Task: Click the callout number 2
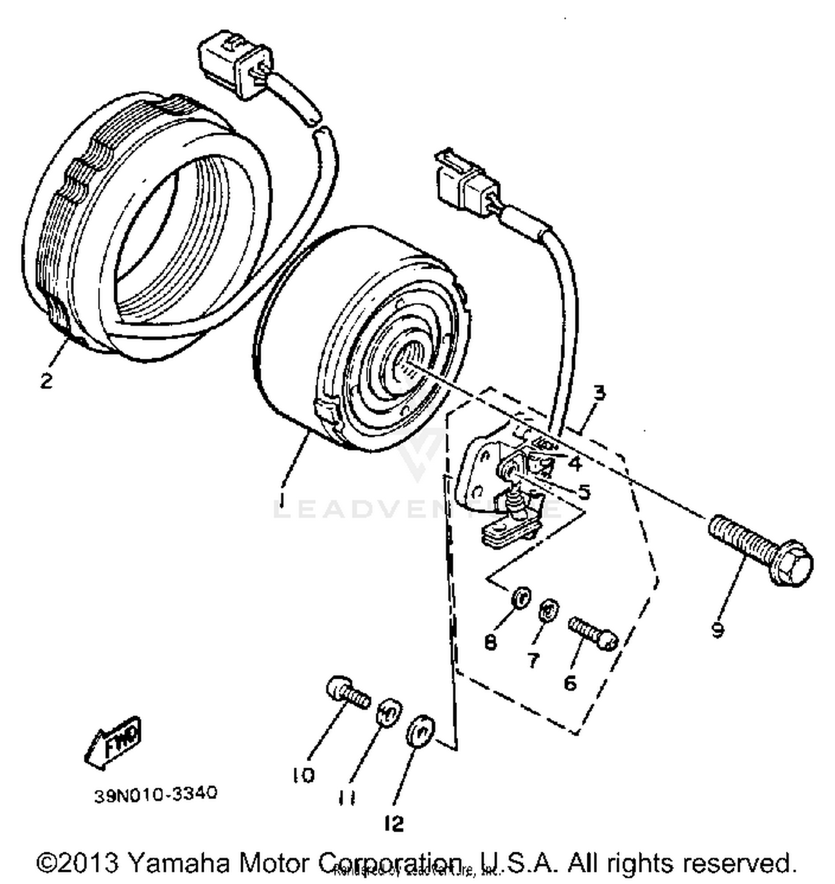pos(46,380)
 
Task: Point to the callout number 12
pos(394,823)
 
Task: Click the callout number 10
pos(304,775)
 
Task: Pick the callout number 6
pos(570,683)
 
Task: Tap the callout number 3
pos(599,393)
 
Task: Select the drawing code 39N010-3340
pos(155,794)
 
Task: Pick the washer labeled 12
pos(421,730)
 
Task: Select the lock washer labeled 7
pos(548,610)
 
